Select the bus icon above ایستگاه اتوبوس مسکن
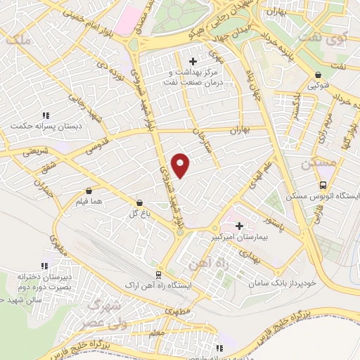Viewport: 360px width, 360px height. pos(323,185)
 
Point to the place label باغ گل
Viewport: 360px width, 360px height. pos(138,212)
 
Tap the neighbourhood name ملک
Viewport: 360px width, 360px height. pos(17,41)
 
